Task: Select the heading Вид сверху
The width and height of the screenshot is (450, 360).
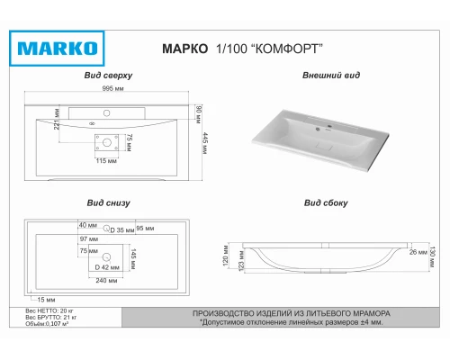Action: tap(109, 76)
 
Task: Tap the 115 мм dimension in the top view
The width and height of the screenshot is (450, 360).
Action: tap(108, 160)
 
